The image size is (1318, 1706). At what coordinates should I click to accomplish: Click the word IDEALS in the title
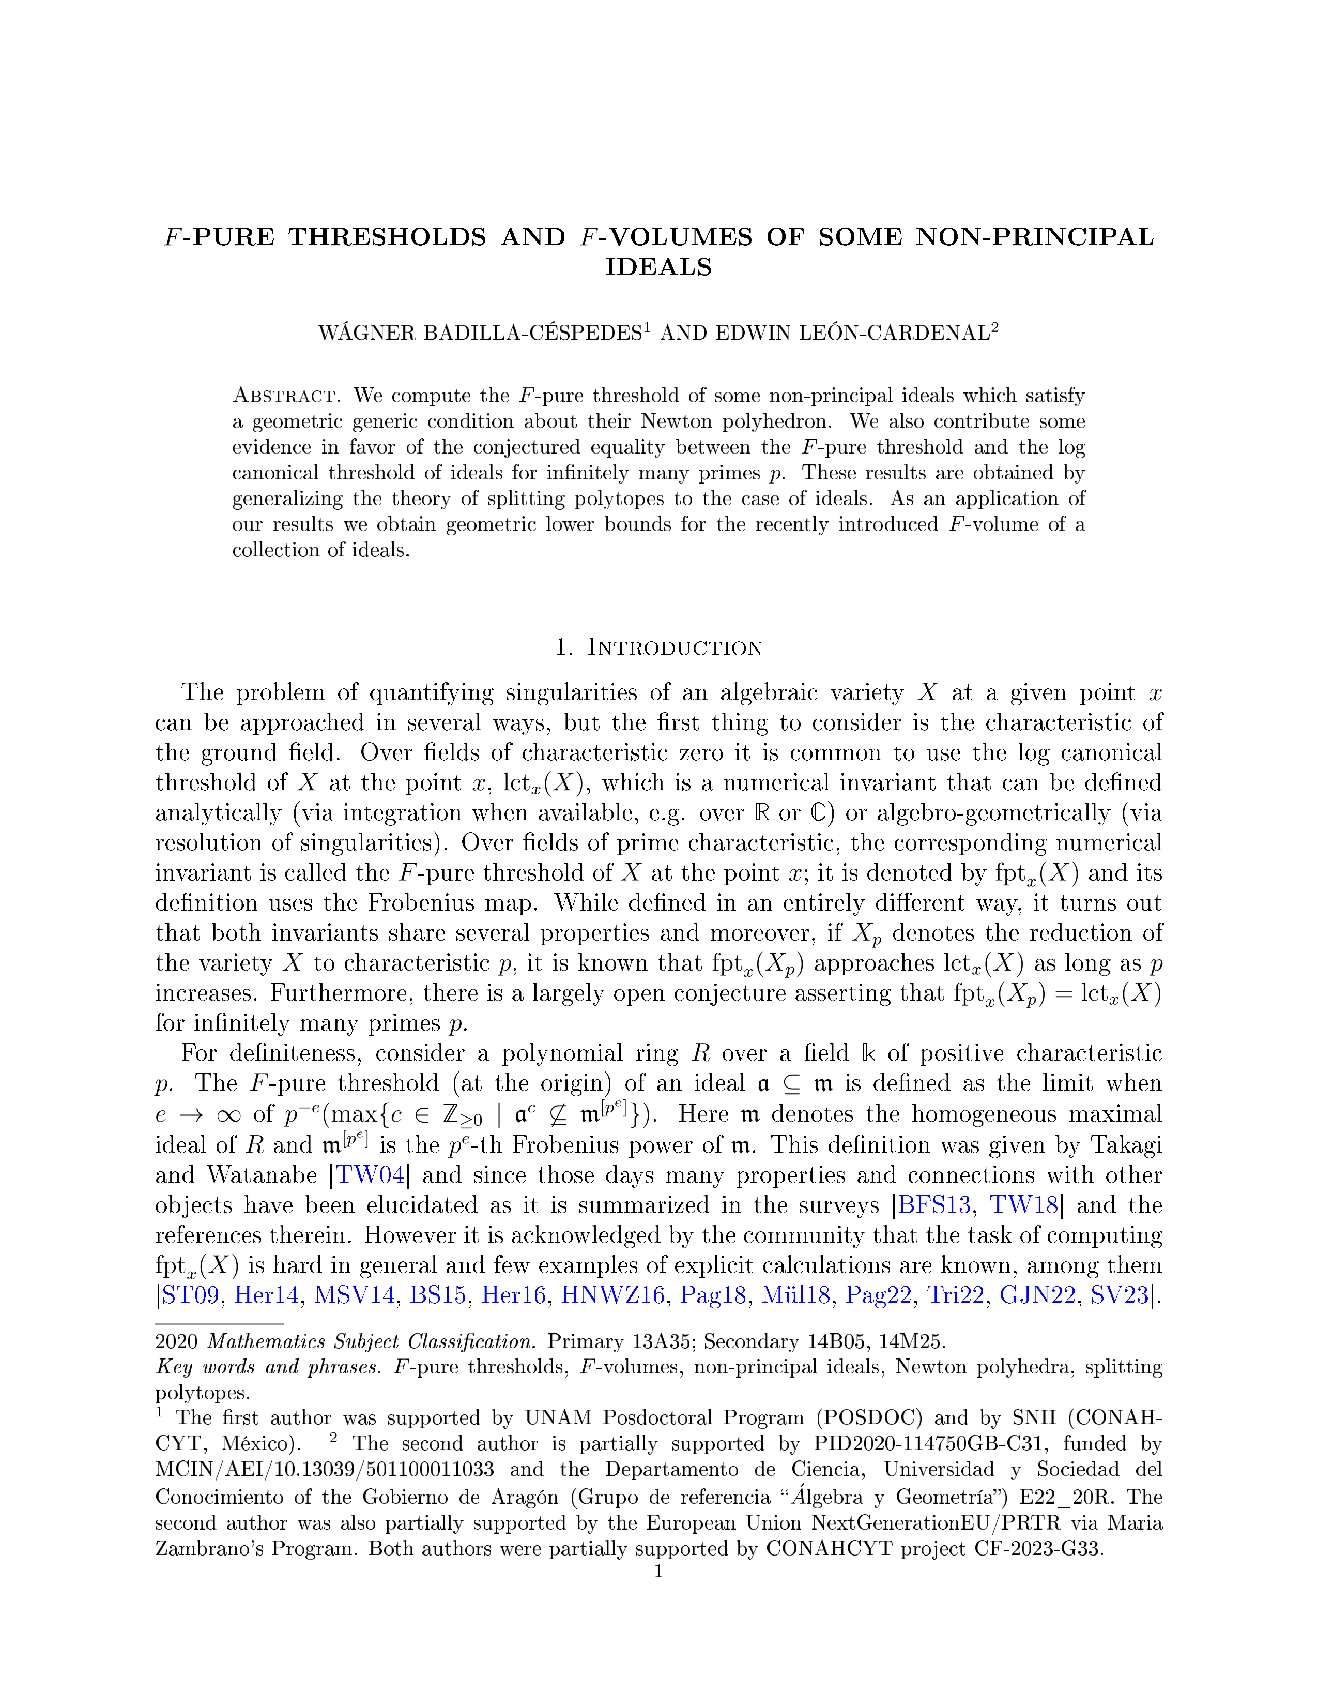pyautogui.click(x=658, y=267)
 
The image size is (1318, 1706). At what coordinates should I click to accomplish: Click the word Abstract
pyautogui.click(x=284, y=396)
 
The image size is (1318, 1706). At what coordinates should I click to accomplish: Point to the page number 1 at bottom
pyautogui.click(x=658, y=1571)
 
